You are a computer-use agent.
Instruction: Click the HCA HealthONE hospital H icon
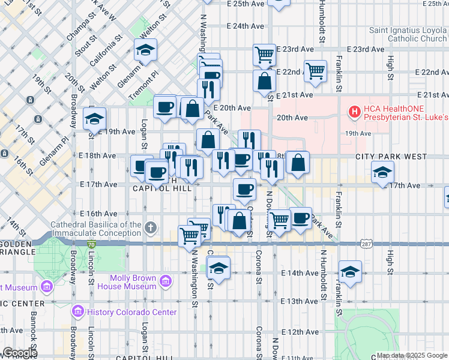355,111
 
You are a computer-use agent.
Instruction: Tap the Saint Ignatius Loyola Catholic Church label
408,34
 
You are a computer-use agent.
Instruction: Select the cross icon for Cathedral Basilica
150,228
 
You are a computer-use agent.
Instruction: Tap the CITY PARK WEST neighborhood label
390,157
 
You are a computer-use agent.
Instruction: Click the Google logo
19,353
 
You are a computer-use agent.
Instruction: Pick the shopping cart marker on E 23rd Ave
264,55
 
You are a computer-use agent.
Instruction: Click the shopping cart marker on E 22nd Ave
315,71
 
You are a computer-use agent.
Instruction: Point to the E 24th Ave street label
246,26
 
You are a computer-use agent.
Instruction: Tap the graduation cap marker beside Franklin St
350,271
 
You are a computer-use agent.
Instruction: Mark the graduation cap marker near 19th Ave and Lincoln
95,119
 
